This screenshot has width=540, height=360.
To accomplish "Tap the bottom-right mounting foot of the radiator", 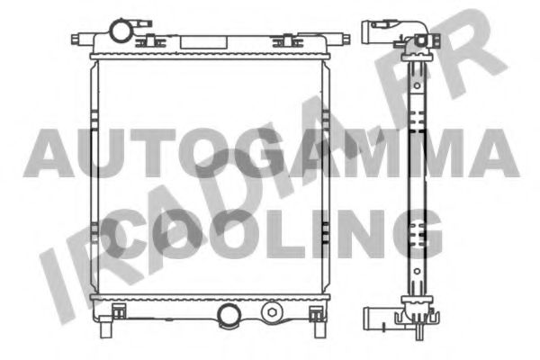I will (x=316, y=312).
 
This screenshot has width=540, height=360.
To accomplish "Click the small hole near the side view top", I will (x=418, y=40).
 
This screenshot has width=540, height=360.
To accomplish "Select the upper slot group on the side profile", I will (x=418, y=99).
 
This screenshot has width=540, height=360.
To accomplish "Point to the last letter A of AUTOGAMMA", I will (x=492, y=152).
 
